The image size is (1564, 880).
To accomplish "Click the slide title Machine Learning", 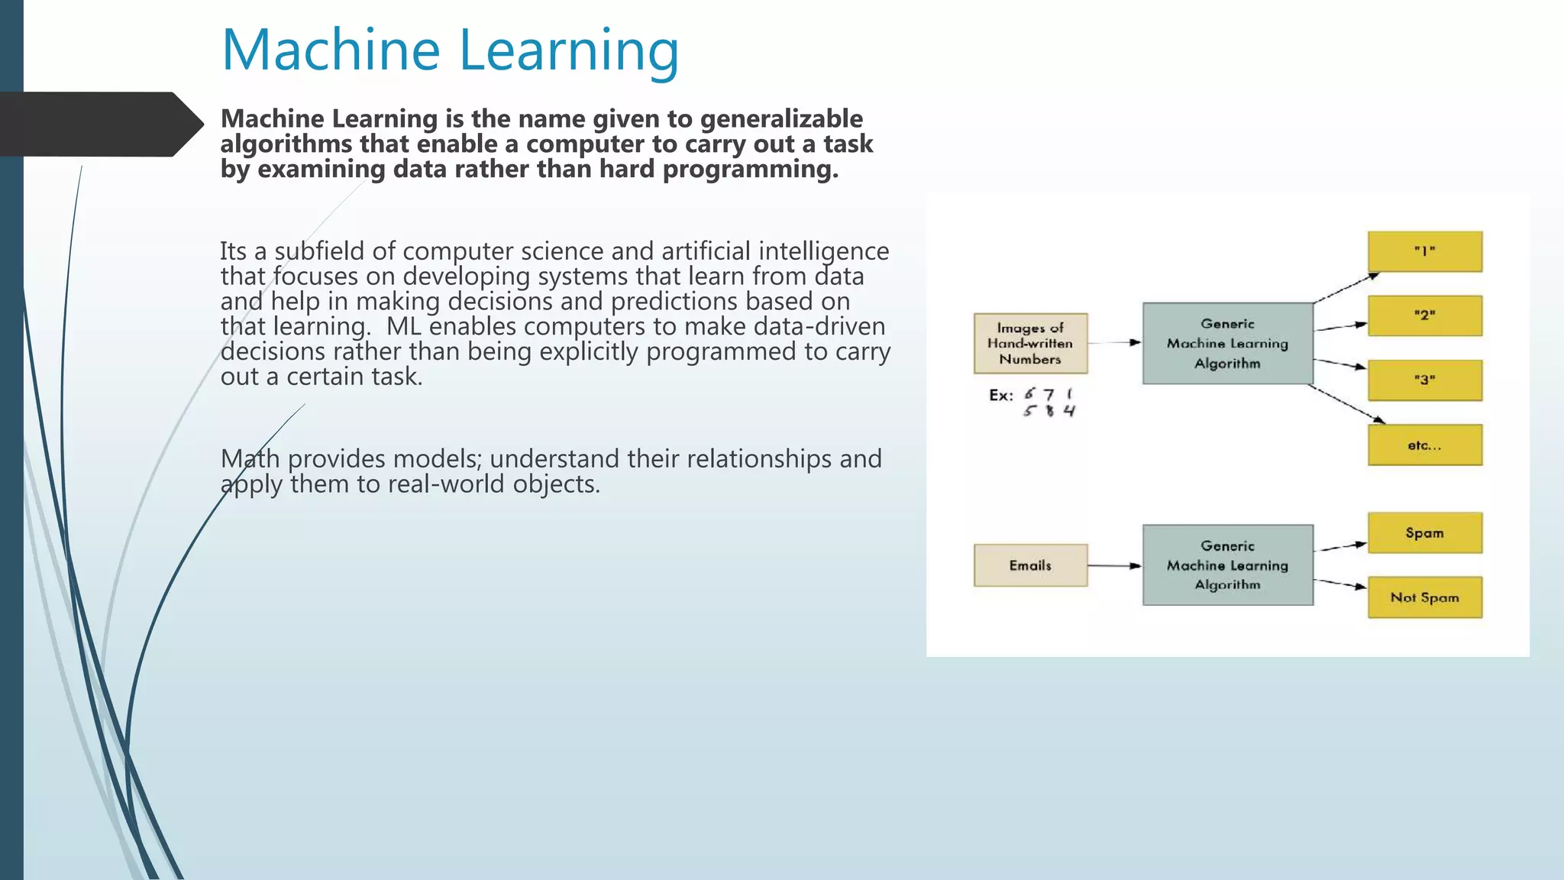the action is click(450, 50).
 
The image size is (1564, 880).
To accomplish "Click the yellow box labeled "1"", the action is click(1424, 251).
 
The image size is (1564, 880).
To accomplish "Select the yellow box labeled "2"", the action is click(1424, 315).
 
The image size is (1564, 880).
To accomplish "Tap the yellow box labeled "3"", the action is click(1424, 380).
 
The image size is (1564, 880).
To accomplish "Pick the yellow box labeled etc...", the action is click(1424, 445).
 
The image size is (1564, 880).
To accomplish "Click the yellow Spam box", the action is click(1424, 532).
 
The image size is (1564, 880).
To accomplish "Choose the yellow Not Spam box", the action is click(1424, 597).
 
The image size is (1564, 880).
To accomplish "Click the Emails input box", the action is click(1030, 565).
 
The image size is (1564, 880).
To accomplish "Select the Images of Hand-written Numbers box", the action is click(1030, 343).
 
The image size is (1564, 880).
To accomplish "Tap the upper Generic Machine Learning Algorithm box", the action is click(1227, 343).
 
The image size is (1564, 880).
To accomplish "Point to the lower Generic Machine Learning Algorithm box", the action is click(1227, 565).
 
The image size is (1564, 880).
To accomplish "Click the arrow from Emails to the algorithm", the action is click(1114, 566).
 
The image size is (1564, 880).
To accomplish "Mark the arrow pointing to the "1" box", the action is click(1346, 288).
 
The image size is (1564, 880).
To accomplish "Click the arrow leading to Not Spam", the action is click(1340, 584).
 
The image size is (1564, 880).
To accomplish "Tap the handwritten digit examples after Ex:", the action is click(1049, 403).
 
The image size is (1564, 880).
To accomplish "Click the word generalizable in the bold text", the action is click(781, 119).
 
